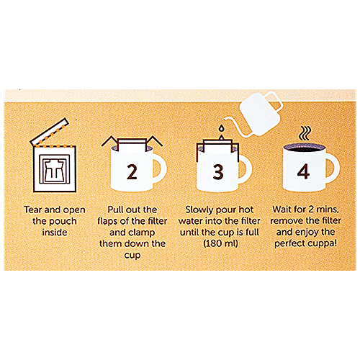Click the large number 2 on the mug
[x=131, y=172]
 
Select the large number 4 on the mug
[x=303, y=172]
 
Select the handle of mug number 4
[x=330, y=167]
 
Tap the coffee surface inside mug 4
[x=303, y=148]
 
